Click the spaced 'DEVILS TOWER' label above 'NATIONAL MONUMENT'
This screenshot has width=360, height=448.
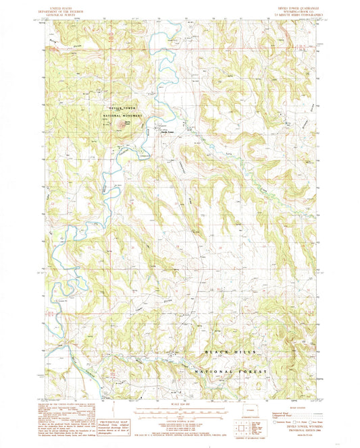120,107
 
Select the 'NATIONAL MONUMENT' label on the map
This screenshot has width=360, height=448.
122,115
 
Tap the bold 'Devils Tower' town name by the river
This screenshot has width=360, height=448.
167,132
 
